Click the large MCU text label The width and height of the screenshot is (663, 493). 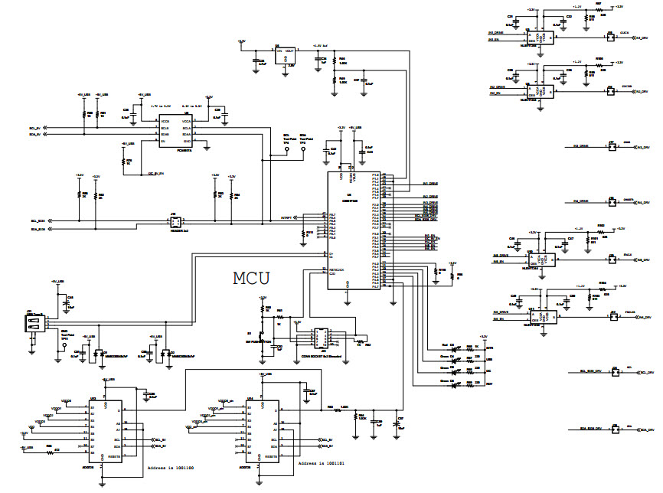(x=251, y=277)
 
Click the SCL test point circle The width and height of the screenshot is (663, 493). (x=287, y=151)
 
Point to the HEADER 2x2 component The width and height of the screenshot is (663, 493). (x=175, y=223)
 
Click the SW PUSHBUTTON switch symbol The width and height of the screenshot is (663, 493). (x=262, y=337)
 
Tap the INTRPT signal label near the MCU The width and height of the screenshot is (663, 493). (x=286, y=218)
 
